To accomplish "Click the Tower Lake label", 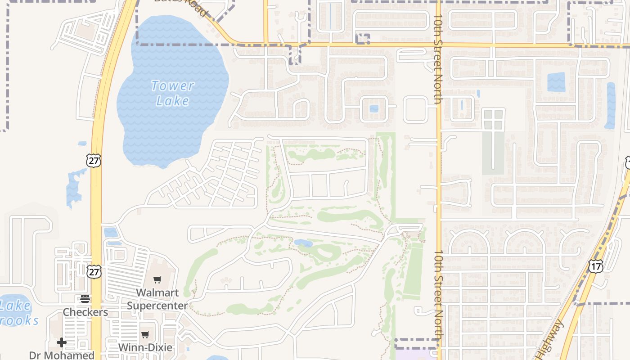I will [x=173, y=93].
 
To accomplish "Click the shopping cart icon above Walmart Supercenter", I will [x=157, y=280].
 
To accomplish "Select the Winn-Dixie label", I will [x=145, y=347].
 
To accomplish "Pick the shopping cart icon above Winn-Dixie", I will [x=145, y=334].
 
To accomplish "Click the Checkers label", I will [x=85, y=312].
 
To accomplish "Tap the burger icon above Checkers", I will [x=85, y=299].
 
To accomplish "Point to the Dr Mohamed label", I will [x=62, y=355].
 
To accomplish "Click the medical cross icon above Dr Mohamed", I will [x=62, y=342].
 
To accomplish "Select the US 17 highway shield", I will [x=595, y=265].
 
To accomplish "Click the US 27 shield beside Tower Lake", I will [x=94, y=161].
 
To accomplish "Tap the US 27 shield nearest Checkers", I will [x=94, y=271].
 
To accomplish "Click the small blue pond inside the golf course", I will [x=303, y=243].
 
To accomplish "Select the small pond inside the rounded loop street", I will [x=373, y=108].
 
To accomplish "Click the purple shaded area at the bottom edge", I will [x=416, y=355].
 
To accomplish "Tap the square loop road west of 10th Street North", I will [x=415, y=109].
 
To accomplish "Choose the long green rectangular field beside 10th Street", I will [x=413, y=270].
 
